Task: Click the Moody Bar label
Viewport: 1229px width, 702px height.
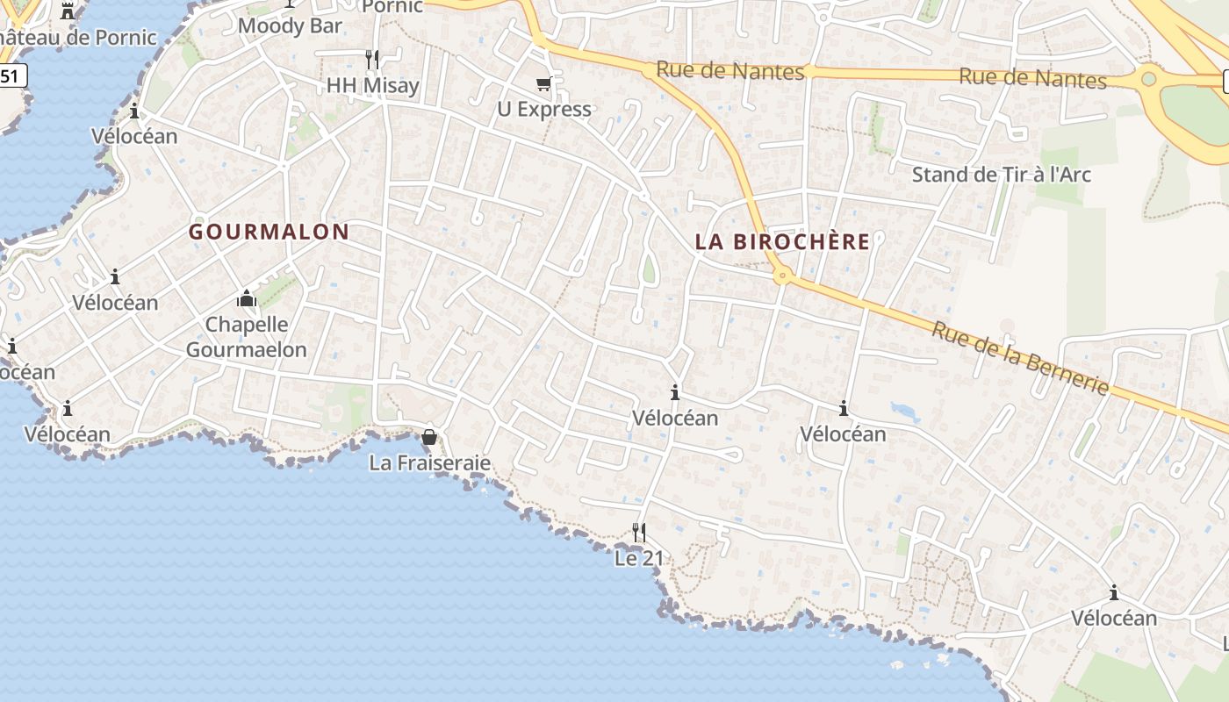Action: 290,25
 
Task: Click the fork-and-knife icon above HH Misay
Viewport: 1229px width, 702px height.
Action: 372,60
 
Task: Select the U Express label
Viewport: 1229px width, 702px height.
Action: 544,109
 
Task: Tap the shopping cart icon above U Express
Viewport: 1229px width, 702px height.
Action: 544,84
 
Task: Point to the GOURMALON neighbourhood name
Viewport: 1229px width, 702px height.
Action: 270,232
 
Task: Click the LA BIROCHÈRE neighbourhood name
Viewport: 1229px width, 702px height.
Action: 783,241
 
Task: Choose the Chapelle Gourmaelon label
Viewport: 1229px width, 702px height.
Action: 247,337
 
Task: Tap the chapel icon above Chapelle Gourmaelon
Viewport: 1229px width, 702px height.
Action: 247,299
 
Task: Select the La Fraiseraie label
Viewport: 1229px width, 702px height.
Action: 430,462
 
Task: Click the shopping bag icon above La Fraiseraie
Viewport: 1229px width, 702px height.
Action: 429,436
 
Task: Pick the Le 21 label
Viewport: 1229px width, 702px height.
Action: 639,558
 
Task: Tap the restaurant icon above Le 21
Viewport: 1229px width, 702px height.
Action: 639,532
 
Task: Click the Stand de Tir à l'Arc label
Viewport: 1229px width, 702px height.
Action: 1002,174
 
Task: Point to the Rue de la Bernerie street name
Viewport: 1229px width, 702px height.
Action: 1020,358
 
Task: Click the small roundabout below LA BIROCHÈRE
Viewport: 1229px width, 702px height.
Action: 782,276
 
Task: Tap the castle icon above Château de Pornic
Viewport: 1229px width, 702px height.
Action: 68,11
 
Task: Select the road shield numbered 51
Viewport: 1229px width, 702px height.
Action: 11,76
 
